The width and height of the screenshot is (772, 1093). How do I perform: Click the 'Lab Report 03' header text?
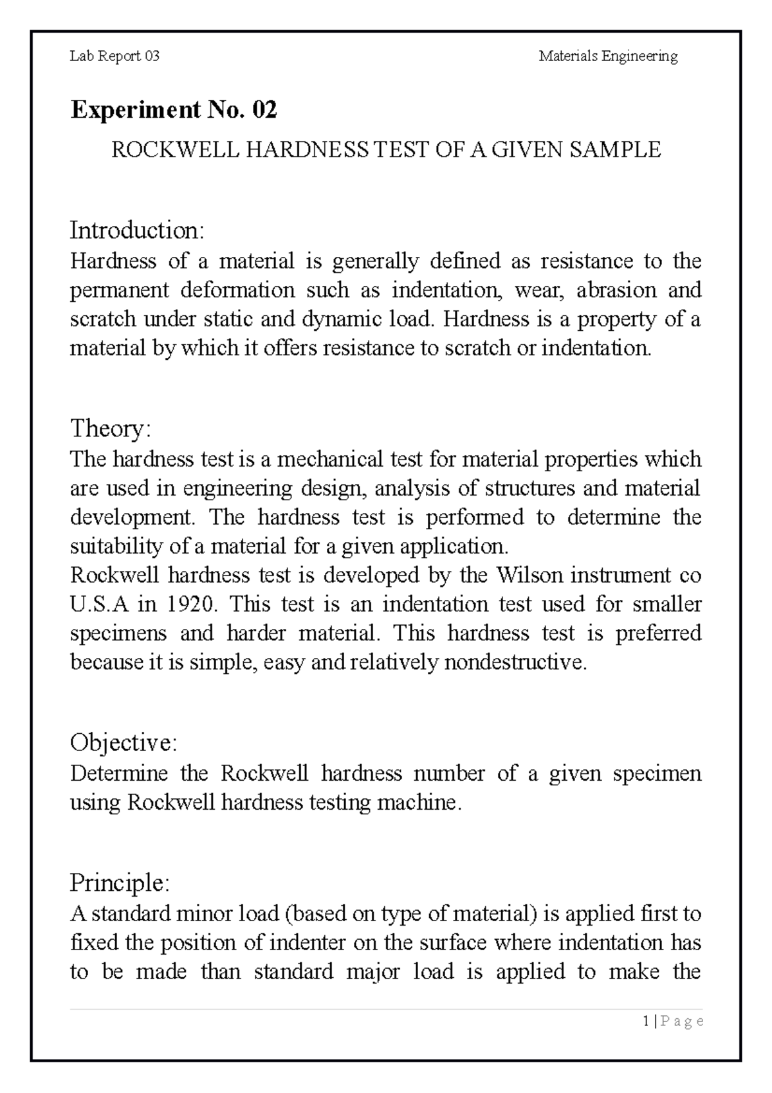[115, 57]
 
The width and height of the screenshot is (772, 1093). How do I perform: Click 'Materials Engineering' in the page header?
[608, 57]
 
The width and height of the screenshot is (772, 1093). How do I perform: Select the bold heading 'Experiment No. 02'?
[174, 111]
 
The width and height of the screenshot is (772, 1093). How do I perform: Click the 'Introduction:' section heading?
[137, 230]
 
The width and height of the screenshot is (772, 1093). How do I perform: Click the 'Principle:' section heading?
[120, 883]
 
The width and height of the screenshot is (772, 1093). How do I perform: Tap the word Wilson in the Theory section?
[526, 575]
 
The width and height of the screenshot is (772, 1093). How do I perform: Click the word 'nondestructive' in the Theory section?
[515, 662]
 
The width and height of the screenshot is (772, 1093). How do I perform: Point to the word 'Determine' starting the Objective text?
[119, 773]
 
